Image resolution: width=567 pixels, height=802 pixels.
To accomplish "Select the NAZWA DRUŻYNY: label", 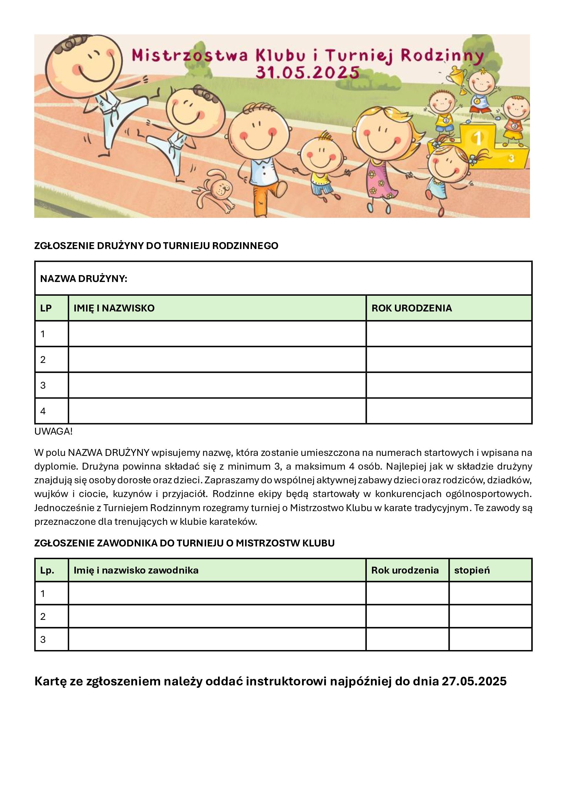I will pyautogui.click(x=84, y=279).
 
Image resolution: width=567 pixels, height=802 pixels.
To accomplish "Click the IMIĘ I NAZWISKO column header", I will pyautogui.click(x=114, y=308).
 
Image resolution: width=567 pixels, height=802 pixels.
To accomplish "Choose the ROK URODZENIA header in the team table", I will pyautogui.click(x=412, y=308).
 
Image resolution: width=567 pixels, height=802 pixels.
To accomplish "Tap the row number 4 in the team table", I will pyautogui.click(x=43, y=411).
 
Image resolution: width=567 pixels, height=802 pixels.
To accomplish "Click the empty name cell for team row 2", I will pyautogui.click(x=217, y=359).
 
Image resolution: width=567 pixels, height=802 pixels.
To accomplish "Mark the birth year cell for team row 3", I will pyautogui.click(x=449, y=385).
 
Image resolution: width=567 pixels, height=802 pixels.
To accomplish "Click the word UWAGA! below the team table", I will pyautogui.click(x=53, y=432).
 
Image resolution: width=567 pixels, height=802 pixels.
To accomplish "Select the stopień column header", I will pyautogui.click(x=472, y=570).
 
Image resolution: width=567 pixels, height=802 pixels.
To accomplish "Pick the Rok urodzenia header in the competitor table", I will pyautogui.click(x=405, y=570).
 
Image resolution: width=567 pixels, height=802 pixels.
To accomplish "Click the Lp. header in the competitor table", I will pyautogui.click(x=47, y=570).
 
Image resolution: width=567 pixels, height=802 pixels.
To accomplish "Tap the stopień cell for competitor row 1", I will pyautogui.click(x=490, y=593).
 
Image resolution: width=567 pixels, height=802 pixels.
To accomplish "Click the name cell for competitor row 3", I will pyautogui.click(x=217, y=639).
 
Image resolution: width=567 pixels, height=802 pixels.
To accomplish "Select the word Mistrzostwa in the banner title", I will pyautogui.click(x=190, y=56).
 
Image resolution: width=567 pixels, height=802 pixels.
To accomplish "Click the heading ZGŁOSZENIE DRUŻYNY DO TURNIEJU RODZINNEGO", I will pyautogui.click(x=156, y=246).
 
